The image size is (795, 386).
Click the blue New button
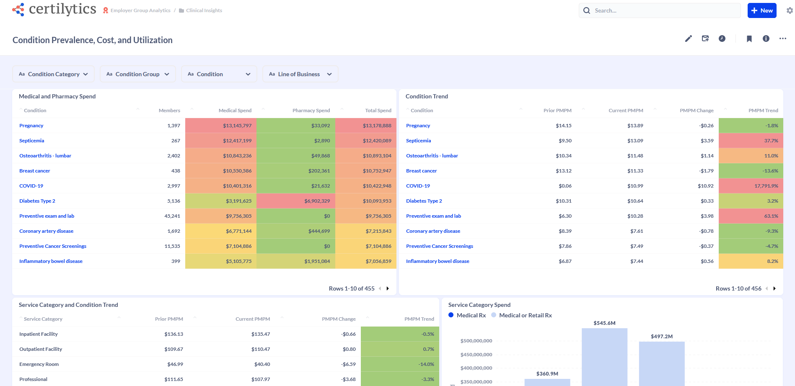tap(761, 10)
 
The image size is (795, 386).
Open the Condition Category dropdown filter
tap(53, 74)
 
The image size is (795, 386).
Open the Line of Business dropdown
tap(300, 74)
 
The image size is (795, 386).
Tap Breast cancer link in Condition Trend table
tap(421, 171)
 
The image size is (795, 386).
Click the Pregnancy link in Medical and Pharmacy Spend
tap(31, 126)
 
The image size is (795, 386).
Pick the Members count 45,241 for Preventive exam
tap(172, 216)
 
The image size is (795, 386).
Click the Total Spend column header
tap(378, 111)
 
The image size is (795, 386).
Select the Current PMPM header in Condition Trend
tap(626, 111)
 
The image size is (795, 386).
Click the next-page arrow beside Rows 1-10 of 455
tap(388, 288)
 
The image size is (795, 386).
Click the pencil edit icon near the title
tap(688, 39)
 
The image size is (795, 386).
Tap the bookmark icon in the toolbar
tap(749, 39)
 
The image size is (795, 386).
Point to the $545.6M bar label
tap(604, 323)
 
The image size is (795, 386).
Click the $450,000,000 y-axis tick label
tap(476, 355)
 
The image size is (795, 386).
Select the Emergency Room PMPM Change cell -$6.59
tap(348, 364)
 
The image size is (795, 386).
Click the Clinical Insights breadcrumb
tap(204, 10)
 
